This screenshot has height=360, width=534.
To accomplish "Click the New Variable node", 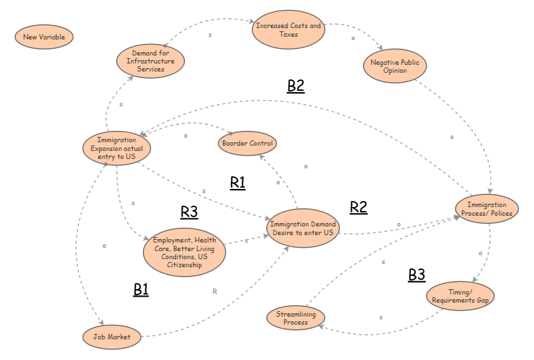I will pos(44,37).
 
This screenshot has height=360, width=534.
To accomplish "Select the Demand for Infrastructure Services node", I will pos(150,61).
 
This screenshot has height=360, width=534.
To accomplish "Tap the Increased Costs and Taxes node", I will pos(288,30).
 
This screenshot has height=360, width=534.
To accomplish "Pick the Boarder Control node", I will pos(246,143).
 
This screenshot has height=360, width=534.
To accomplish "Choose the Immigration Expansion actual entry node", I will pos(116,148).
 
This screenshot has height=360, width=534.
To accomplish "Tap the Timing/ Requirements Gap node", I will pos(461,296).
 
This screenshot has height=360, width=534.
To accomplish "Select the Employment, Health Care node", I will pos(184,252).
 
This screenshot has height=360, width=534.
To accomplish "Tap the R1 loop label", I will pos(238,183).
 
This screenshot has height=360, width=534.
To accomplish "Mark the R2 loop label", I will pos(358,207).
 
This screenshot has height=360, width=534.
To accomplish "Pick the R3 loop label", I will pos(189,212).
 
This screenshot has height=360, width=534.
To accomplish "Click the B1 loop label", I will pos(141,289).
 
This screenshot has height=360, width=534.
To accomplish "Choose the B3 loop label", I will pos(417,275).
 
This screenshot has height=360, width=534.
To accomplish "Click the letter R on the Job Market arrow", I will pos(214,291).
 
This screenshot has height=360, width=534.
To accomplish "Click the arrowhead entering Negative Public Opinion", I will pos(380,49).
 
